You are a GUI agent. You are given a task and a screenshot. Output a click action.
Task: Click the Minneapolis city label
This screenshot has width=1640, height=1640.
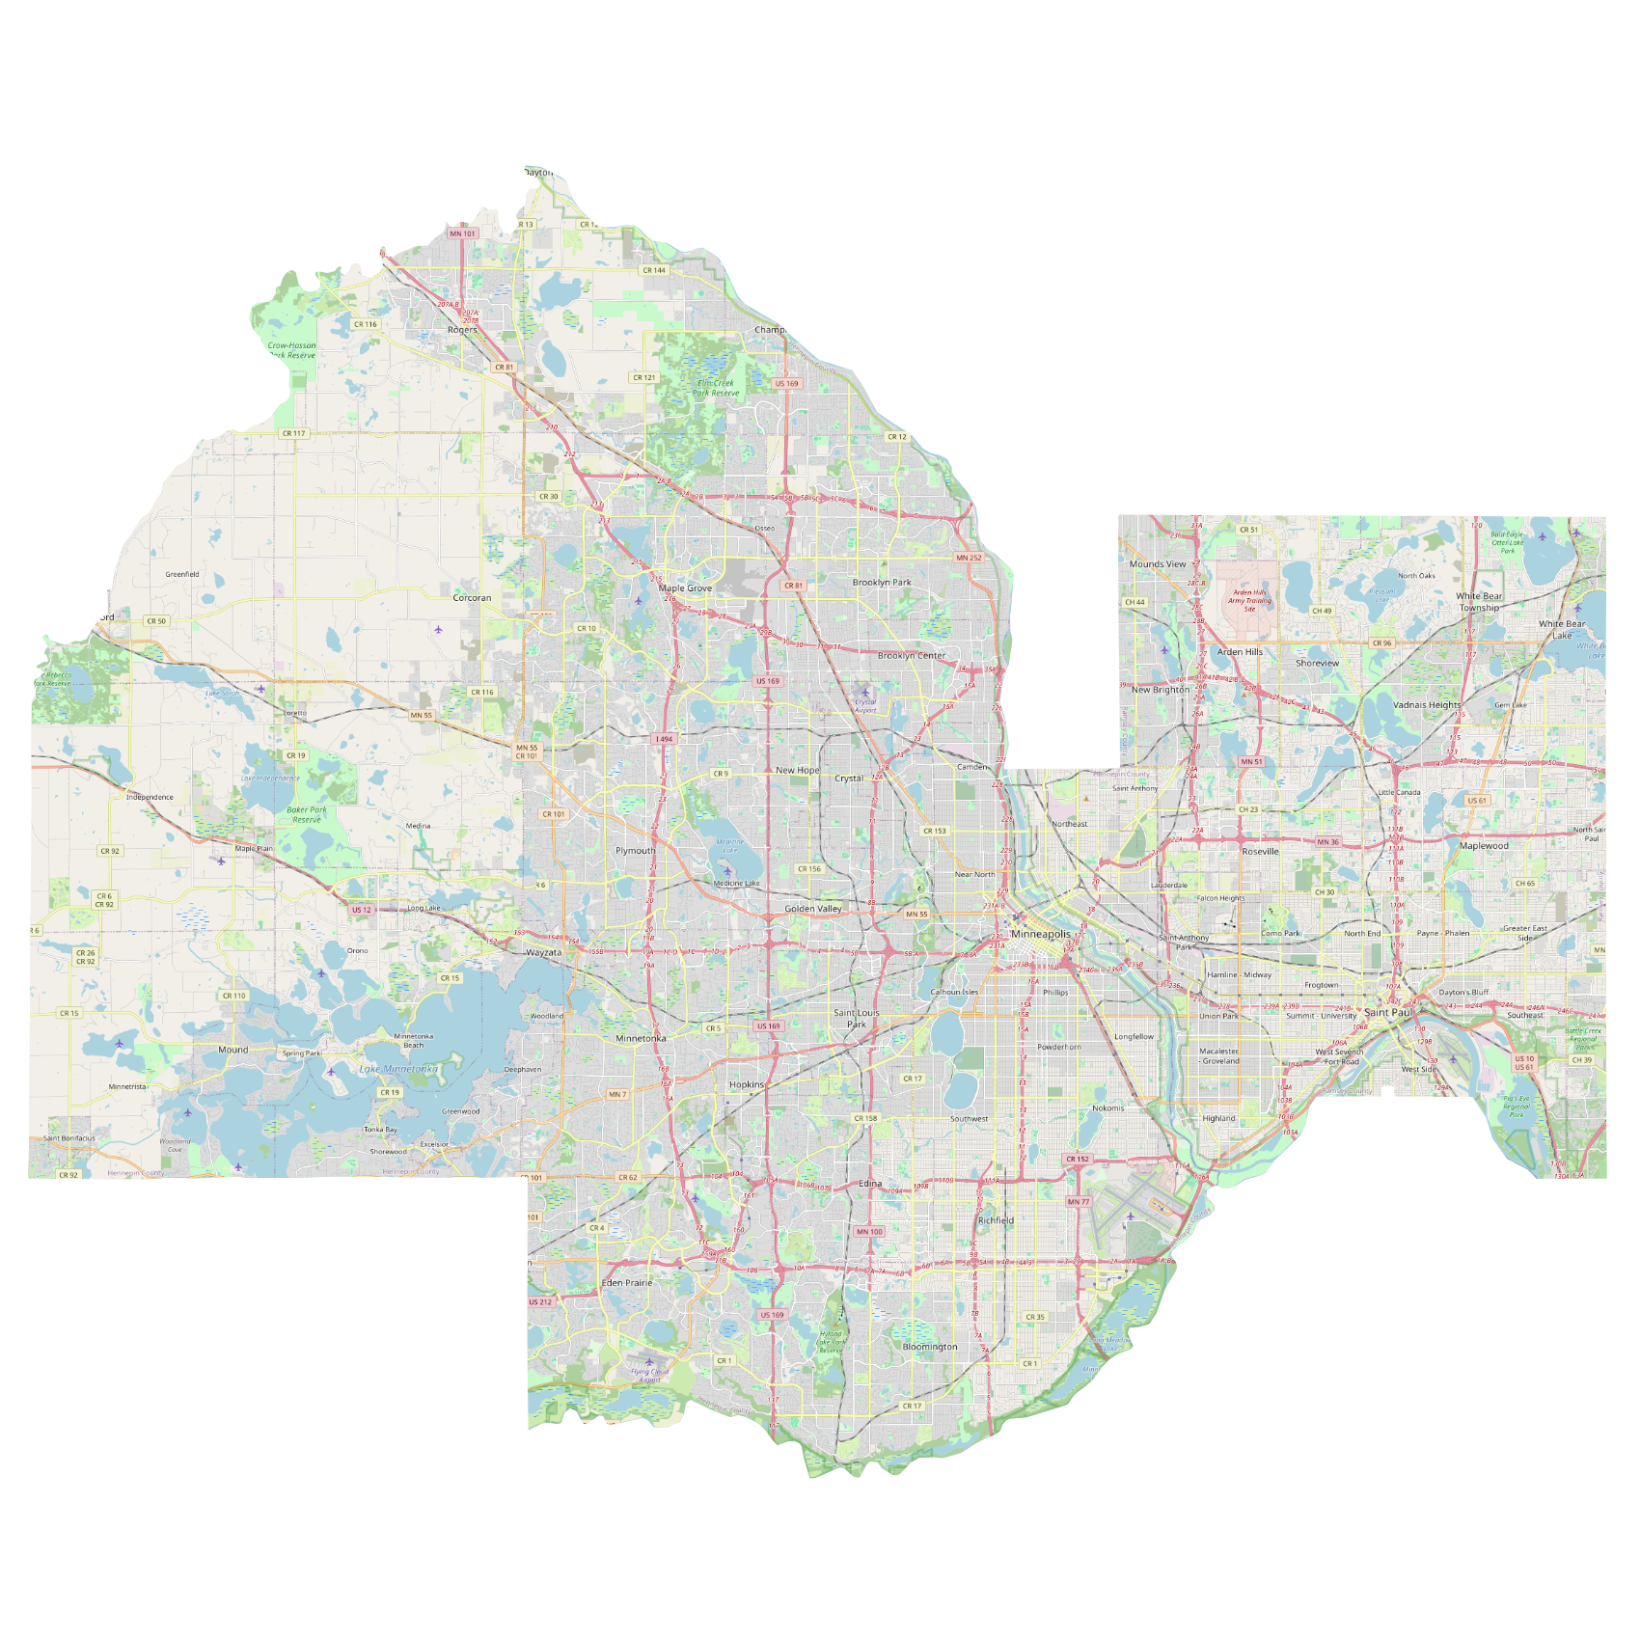click(x=1040, y=934)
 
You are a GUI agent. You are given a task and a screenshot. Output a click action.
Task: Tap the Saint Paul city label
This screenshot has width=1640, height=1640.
click(x=1388, y=1012)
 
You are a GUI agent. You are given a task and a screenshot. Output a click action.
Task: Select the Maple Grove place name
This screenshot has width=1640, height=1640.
click(x=685, y=588)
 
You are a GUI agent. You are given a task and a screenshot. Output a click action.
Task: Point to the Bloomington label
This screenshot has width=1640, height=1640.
click(x=930, y=1347)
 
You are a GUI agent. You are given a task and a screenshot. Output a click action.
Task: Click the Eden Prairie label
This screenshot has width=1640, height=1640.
click(x=627, y=1283)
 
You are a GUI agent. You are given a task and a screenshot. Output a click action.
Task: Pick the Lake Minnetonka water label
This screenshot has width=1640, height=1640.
click(x=398, y=1069)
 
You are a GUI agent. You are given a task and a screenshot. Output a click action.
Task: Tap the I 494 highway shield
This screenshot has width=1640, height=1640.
click(x=664, y=739)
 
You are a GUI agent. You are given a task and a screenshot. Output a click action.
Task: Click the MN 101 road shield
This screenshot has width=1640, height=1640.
click(x=462, y=233)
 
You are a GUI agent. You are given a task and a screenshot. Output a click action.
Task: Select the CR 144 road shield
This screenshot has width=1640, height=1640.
click(x=654, y=270)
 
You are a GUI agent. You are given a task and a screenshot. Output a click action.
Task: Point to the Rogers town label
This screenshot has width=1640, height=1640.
click(x=462, y=330)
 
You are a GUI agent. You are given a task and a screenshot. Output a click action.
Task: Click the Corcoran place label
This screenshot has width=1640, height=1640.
click(x=472, y=598)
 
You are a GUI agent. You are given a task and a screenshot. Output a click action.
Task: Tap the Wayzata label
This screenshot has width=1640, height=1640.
click(x=543, y=952)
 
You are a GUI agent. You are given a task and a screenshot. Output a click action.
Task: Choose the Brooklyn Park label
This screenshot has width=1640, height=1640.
click(x=882, y=583)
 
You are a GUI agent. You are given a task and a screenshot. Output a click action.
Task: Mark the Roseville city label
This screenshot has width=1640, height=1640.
click(x=1260, y=852)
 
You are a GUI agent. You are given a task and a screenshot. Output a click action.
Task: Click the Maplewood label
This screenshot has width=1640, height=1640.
click(x=1484, y=846)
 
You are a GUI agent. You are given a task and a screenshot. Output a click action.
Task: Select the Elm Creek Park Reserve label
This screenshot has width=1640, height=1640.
click(x=716, y=388)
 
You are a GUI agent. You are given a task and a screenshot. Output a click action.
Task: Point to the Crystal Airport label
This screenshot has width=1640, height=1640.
click(x=865, y=706)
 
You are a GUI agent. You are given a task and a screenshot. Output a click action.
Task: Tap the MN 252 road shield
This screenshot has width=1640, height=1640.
click(x=969, y=558)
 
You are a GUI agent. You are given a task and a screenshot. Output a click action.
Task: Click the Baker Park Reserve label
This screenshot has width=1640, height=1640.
click(x=307, y=815)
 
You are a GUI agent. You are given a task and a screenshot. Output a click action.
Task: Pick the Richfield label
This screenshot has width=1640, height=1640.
click(x=996, y=1220)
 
